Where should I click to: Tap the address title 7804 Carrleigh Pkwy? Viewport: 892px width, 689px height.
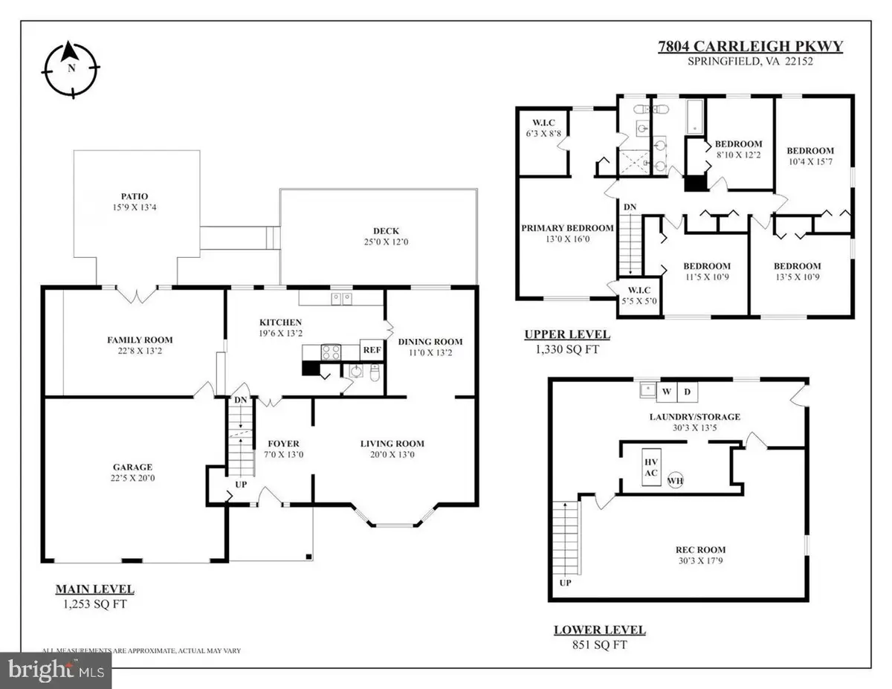coord(751,47)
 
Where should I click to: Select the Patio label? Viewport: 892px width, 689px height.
coord(135,198)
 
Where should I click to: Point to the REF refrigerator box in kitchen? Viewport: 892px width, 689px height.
coord(369,350)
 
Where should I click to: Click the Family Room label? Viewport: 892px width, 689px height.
coord(140,340)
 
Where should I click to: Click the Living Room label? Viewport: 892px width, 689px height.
coord(392,444)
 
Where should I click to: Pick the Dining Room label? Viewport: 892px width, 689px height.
coord(430,342)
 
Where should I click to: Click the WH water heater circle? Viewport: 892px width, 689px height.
coord(675,479)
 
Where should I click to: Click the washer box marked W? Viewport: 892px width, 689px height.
coord(667,391)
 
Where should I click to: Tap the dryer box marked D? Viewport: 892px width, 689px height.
coord(687,391)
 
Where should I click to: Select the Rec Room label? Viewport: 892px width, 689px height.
coord(696,550)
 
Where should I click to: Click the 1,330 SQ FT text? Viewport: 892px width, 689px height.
coord(562,349)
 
